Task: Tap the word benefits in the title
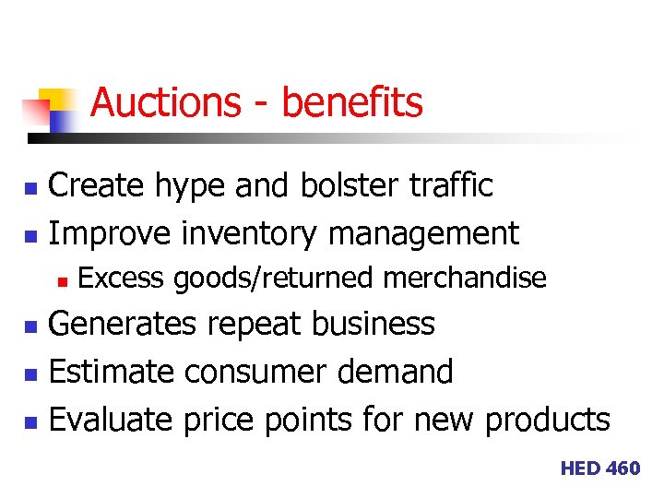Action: click(x=352, y=102)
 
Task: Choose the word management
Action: click(x=424, y=234)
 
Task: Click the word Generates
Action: click(x=122, y=325)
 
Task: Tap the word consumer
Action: click(x=255, y=373)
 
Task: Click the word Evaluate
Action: click(x=111, y=420)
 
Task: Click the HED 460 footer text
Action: click(x=599, y=468)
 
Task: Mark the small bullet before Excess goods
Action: click(x=63, y=279)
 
